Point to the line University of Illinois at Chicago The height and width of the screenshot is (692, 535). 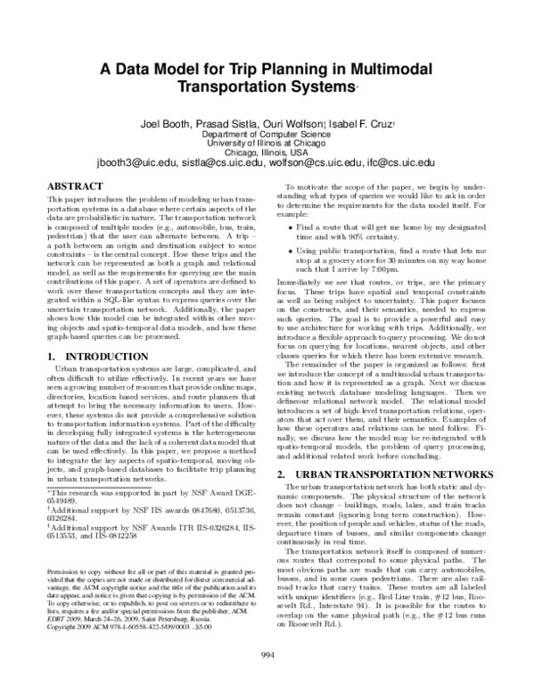click(x=267, y=142)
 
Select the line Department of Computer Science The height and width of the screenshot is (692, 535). click(x=267, y=132)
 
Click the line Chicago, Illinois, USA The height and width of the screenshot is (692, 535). click(x=267, y=152)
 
